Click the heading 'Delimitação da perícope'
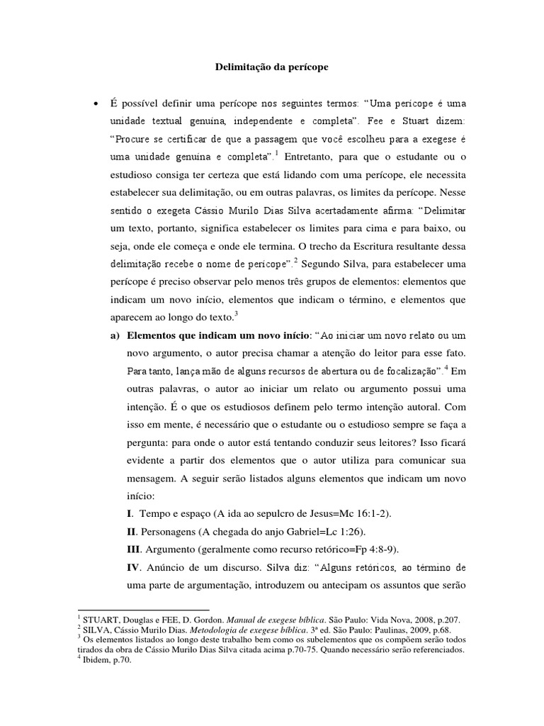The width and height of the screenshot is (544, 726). (271, 68)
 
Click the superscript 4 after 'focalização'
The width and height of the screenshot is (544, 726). (446, 367)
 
